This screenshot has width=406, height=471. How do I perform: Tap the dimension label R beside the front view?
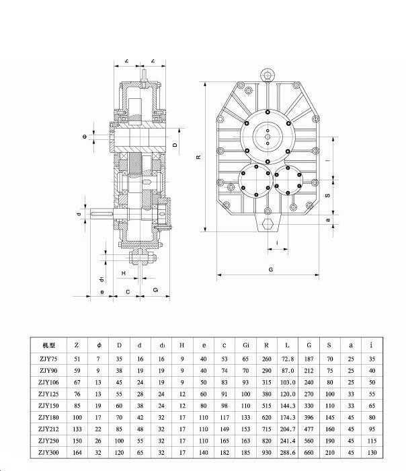199,157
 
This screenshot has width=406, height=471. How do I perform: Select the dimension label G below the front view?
270,269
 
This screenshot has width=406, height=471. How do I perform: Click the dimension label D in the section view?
175,145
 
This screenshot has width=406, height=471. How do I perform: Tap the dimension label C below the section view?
128,291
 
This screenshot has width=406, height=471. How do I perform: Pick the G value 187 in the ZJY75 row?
309,360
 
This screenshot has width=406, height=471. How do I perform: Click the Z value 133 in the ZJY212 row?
78,429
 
